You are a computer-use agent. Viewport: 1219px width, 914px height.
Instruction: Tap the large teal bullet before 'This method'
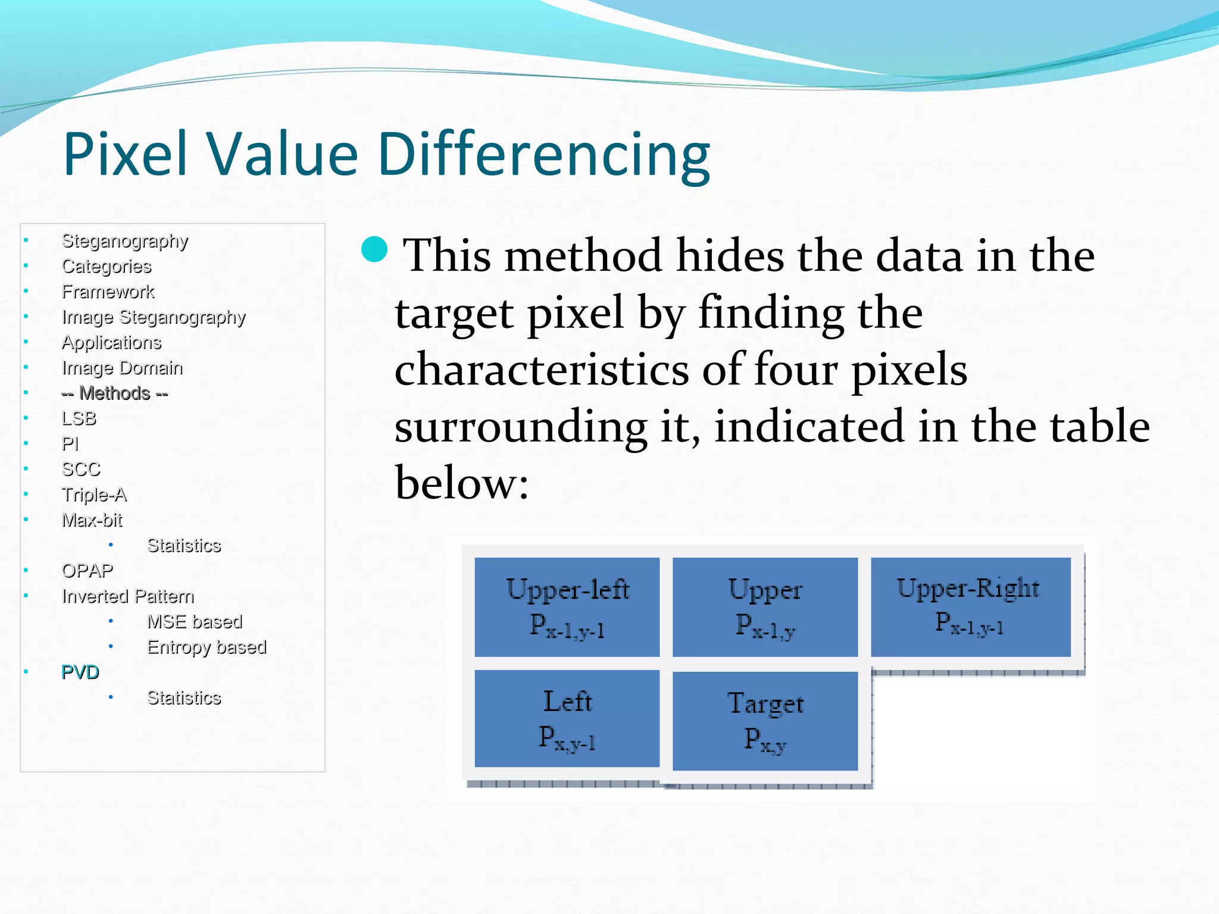click(x=374, y=249)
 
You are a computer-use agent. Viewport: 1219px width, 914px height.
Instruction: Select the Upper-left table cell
click(x=567, y=607)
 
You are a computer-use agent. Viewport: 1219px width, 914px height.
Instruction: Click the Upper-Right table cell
click(x=970, y=607)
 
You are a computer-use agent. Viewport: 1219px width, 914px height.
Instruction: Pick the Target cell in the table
click(x=765, y=721)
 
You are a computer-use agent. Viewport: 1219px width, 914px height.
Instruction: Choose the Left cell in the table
click(x=567, y=718)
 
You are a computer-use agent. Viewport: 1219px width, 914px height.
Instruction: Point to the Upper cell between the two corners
click(x=765, y=607)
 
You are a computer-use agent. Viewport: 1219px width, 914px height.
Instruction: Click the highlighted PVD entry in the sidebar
click(x=80, y=672)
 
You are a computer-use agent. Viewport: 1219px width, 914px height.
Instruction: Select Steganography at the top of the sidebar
click(x=125, y=241)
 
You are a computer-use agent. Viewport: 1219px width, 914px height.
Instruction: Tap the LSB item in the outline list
click(x=79, y=418)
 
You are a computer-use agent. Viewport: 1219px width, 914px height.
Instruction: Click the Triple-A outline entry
click(x=94, y=494)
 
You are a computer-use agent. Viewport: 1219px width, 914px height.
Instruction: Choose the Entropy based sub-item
click(x=207, y=647)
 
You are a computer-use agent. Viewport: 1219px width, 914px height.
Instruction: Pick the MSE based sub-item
click(x=195, y=621)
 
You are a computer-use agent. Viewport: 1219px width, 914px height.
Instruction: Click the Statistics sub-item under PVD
click(x=184, y=697)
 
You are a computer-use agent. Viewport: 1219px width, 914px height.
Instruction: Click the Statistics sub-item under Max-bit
click(x=184, y=545)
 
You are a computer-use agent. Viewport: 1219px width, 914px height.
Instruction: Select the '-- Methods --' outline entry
click(x=115, y=393)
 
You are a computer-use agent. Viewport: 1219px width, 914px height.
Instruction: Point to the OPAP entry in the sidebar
click(x=87, y=571)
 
